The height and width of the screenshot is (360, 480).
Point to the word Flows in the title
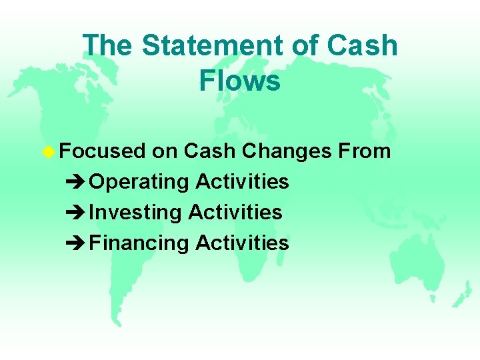tap(239, 81)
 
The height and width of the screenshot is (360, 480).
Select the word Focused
tap(101, 151)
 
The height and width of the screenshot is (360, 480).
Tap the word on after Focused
tap(164, 151)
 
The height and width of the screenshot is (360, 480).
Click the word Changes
tap(287, 151)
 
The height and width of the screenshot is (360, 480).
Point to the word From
tap(364, 151)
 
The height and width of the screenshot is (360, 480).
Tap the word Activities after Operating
tap(242, 181)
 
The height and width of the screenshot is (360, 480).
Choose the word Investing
tap(135, 213)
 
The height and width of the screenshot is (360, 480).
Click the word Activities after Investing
tap(235, 212)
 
